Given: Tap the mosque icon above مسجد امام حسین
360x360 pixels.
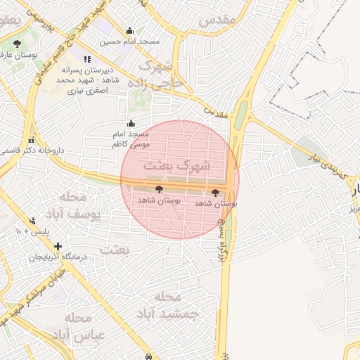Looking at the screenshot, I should click(129, 31).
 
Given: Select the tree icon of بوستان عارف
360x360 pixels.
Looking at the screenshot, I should click(17, 44).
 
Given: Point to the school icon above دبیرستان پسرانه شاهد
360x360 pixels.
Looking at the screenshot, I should click(87, 60).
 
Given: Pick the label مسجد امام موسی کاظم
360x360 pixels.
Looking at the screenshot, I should click(131, 139).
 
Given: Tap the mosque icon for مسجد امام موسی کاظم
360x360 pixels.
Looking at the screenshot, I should click(131, 124).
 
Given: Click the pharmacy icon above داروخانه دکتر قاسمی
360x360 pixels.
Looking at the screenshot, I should click(31, 139).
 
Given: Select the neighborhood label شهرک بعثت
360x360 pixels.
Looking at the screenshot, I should click(177, 166).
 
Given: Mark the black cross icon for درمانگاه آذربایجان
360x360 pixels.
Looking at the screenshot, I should click(58, 246).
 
